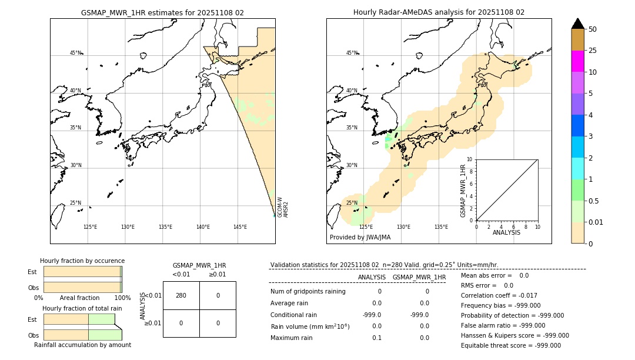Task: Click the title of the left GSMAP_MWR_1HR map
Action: (x=162, y=12)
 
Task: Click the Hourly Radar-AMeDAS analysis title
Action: (x=439, y=12)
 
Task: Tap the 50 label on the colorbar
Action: (x=593, y=29)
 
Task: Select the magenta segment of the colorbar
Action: (x=577, y=61)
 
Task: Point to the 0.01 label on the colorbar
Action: (x=596, y=222)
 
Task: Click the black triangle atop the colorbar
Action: (x=577, y=24)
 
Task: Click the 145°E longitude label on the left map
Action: (x=240, y=227)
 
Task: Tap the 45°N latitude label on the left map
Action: (x=76, y=53)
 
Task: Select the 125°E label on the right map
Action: (x=366, y=227)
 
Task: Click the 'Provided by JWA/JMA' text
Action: (x=360, y=237)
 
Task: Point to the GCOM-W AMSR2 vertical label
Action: (x=283, y=208)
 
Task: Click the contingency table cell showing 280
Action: (x=181, y=295)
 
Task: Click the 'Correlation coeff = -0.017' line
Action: (x=499, y=295)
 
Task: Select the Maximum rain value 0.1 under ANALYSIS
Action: (x=376, y=338)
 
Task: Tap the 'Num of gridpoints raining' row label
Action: (x=308, y=291)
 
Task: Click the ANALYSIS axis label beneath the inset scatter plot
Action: (x=506, y=232)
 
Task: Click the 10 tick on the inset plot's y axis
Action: (x=470, y=159)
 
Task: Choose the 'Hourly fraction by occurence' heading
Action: (x=82, y=261)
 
